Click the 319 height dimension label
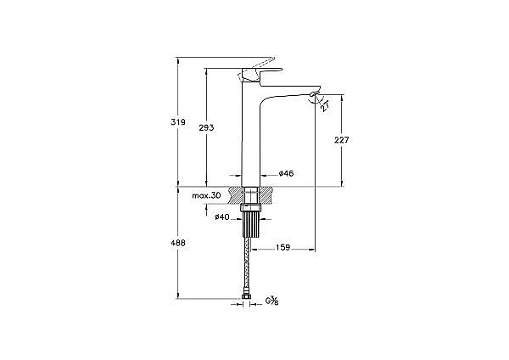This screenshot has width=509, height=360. click(x=178, y=122)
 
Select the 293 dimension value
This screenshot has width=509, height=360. click(x=206, y=128)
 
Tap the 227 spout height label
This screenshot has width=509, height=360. click(x=342, y=140)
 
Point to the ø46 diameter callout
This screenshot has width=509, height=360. click(x=286, y=173)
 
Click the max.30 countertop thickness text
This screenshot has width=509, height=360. click(x=206, y=195)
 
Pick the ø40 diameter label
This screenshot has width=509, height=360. click(x=222, y=217)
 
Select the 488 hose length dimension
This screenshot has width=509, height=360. click(x=178, y=243)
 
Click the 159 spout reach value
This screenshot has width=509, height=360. click(x=282, y=248)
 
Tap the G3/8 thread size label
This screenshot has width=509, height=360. click(x=271, y=301)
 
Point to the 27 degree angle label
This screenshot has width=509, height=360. click(x=325, y=106)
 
